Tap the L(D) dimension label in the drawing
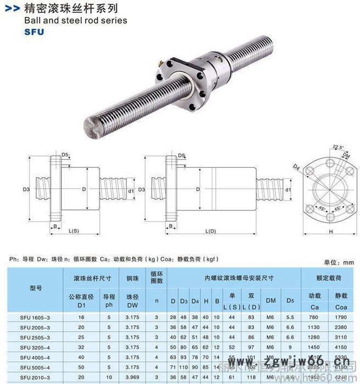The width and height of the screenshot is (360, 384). point(210,230)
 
